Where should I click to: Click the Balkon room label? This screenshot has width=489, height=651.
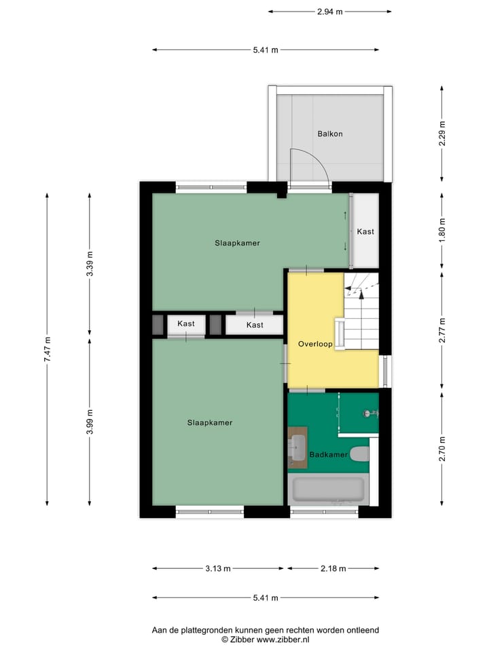(330, 134)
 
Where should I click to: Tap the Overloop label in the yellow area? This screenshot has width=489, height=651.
(315, 344)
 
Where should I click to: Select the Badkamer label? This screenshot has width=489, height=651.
(329, 454)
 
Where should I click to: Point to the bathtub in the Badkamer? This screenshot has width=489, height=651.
(327, 490)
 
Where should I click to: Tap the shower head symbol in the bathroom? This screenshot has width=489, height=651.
(369, 413)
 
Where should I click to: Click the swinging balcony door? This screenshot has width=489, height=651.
(310, 168)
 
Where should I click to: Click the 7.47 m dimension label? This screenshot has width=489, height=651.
(48, 349)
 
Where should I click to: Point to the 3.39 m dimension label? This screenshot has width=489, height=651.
(90, 263)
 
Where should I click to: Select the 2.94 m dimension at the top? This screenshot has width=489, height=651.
(330, 12)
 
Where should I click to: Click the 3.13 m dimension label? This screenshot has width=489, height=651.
(218, 569)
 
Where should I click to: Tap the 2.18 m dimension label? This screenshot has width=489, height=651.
(333, 569)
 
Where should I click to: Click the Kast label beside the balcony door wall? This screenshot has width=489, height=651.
(365, 232)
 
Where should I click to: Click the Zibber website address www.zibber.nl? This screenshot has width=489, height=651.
(280, 639)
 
